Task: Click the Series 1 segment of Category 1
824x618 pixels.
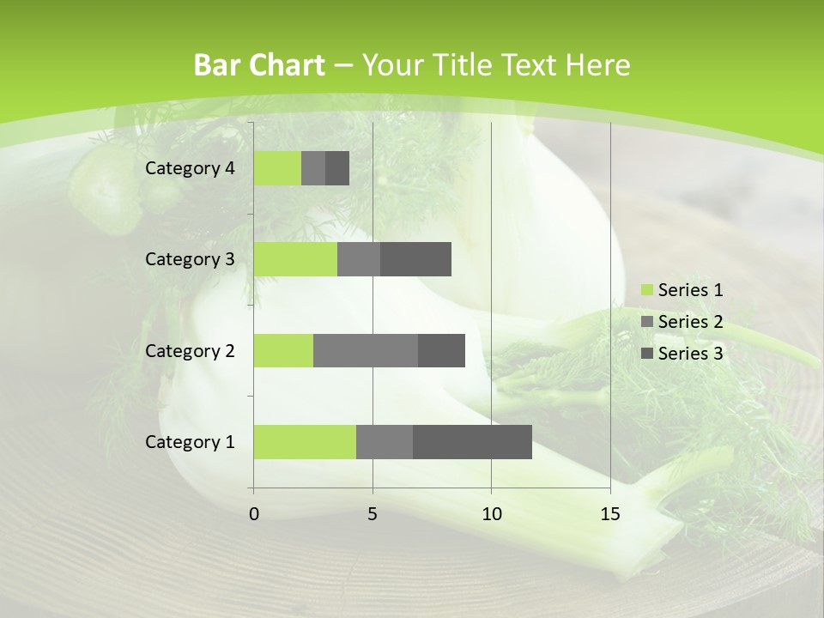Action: coord(305,442)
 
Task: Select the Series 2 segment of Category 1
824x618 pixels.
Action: coord(385,442)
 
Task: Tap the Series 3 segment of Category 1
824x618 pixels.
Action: coord(472,442)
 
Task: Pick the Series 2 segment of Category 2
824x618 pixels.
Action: coord(366,350)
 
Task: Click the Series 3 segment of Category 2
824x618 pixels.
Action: coord(441,350)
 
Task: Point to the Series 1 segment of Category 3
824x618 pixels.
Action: coord(295,259)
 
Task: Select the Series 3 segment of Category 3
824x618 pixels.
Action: coord(415,259)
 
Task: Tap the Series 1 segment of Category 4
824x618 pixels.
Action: coord(277,168)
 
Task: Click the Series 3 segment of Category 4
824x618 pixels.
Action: coord(337,168)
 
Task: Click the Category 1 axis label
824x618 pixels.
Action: coord(190,442)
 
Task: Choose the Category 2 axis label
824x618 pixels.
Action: coord(190,350)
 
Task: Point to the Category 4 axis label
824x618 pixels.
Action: coord(190,168)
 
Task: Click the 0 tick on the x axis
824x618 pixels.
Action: coord(254,514)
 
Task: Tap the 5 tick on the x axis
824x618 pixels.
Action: coord(373,514)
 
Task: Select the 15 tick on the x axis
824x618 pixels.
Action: coord(609,514)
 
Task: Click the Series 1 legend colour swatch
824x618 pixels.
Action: coord(646,290)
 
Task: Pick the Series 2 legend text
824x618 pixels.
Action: coord(690,322)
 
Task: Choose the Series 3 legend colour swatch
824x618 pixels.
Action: coord(646,354)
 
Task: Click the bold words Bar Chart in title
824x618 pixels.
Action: coord(259,65)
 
